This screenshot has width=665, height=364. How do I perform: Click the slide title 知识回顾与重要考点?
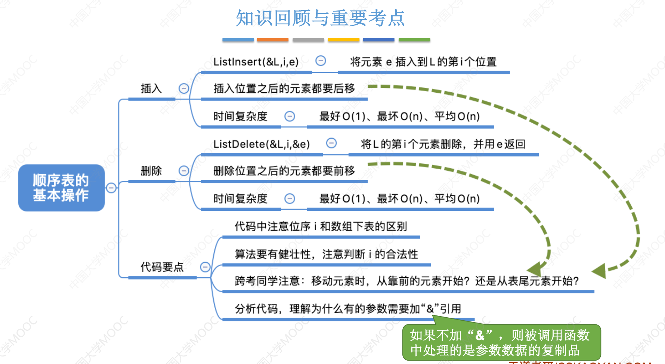coord(320,18)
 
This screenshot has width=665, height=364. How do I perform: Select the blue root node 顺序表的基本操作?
coord(61,188)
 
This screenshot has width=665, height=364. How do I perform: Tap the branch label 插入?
coord(151,89)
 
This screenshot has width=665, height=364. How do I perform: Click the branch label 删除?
coord(151,171)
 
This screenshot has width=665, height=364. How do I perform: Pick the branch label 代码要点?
coord(162,267)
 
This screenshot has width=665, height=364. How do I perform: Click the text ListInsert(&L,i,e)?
coord(256,62)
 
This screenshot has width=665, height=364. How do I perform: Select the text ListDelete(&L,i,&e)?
coord(262,144)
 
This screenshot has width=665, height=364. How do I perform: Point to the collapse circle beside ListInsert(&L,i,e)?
coord(321,61)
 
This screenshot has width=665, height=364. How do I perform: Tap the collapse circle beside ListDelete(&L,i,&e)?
coord(331,143)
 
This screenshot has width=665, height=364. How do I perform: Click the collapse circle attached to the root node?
coord(111,188)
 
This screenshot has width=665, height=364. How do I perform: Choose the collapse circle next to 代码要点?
coord(205,267)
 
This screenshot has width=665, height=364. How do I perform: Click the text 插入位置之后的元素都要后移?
coord(284,89)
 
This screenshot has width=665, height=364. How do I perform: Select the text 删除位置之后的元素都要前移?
coord(284,171)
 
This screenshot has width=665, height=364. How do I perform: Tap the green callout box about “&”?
coord(501,343)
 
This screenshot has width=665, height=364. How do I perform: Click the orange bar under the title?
coord(273,40)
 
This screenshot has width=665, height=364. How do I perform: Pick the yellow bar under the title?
coord(344,40)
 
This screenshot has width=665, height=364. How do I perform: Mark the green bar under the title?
coord(414,40)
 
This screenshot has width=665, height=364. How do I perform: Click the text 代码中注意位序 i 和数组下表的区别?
coord(321,226)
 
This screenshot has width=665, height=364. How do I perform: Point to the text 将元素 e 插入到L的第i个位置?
coord(423,62)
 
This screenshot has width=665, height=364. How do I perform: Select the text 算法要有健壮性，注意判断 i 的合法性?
coord(326,255)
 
